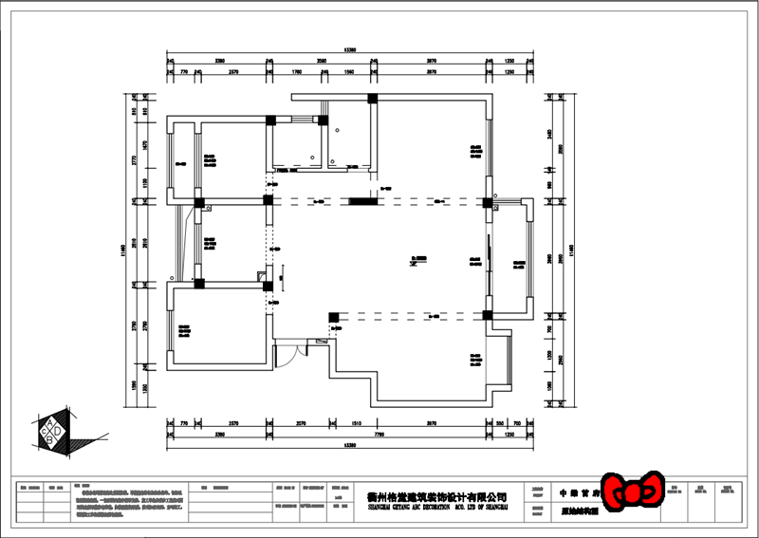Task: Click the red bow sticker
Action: (629, 491)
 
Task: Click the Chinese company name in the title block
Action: (436, 496)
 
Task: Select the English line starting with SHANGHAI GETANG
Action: (436, 507)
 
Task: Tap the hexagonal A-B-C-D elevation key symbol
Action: (53, 431)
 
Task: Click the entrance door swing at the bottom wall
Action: (287, 355)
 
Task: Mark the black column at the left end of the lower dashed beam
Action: (333, 316)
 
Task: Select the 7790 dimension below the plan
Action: (378, 432)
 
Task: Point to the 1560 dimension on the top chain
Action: (348, 71)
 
